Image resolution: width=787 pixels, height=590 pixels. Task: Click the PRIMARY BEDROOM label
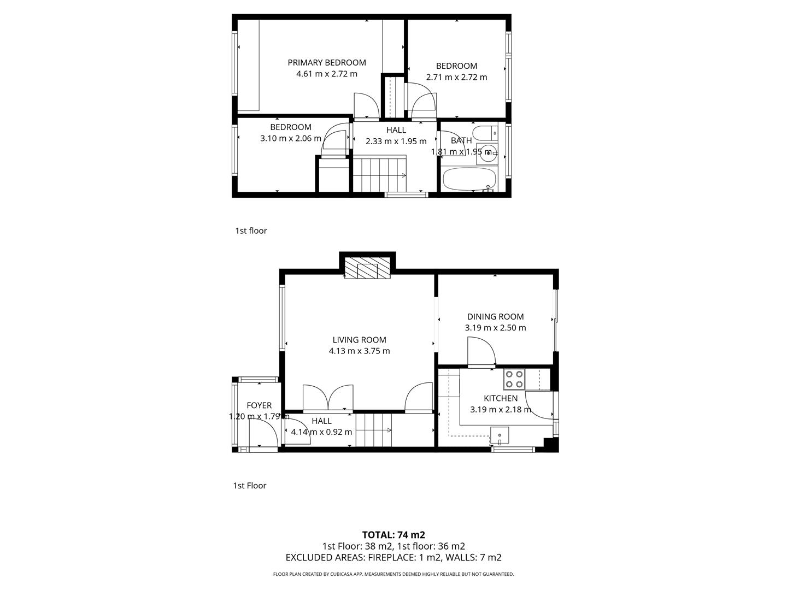pyautogui.click(x=327, y=62)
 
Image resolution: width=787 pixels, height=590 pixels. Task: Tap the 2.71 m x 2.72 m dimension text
pyautogui.click(x=456, y=77)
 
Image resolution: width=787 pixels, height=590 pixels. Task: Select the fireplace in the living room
pyautogui.click(x=367, y=270)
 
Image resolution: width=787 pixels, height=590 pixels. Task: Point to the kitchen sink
pyautogui.click(x=500, y=435)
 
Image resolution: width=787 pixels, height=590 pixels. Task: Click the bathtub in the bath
pyautogui.click(x=468, y=179)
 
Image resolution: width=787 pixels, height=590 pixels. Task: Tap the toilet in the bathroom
pyautogui.click(x=484, y=133)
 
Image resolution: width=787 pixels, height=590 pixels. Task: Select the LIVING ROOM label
pyautogui.click(x=359, y=340)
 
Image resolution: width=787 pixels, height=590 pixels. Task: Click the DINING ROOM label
pyautogui.click(x=495, y=316)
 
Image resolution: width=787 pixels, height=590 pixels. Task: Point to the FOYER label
pyautogui.click(x=259, y=405)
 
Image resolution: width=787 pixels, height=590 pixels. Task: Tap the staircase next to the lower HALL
pyautogui.click(x=374, y=430)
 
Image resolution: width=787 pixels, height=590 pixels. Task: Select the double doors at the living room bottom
pyautogui.click(x=328, y=398)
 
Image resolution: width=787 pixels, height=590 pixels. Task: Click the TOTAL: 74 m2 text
pyautogui.click(x=393, y=535)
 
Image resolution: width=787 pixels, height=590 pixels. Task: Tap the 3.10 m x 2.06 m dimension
pyautogui.click(x=291, y=138)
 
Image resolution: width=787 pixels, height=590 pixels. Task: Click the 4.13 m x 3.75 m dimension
pyautogui.click(x=359, y=351)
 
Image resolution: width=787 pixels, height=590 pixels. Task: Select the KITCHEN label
pyautogui.click(x=501, y=398)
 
